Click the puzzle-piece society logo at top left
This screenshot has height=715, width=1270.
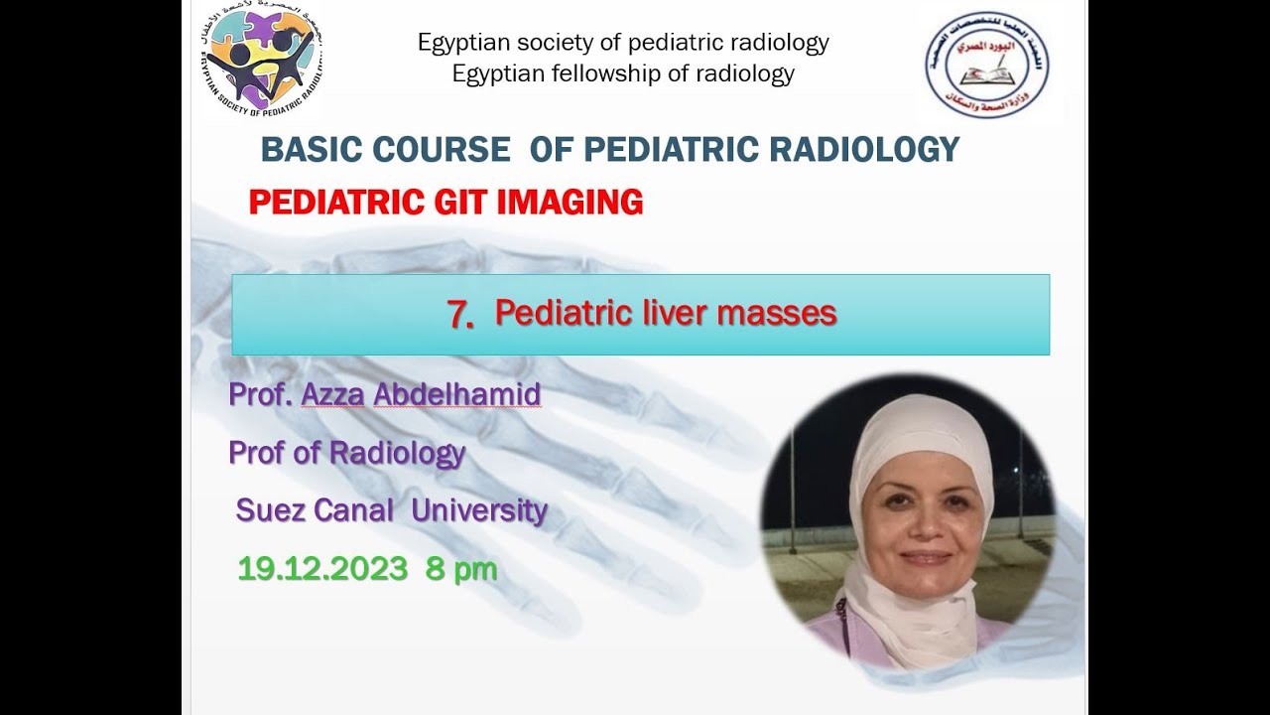(x=260, y=62)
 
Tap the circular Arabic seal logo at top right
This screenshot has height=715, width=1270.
(x=987, y=66)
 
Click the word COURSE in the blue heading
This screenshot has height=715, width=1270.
(x=441, y=150)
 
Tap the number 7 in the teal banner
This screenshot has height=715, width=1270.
(x=459, y=314)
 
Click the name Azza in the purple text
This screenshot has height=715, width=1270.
(x=332, y=394)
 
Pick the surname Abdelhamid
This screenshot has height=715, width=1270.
(x=456, y=394)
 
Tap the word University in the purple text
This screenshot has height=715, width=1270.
(x=479, y=510)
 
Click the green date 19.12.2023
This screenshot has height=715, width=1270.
(x=322, y=569)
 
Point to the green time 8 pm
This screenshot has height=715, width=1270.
(x=461, y=569)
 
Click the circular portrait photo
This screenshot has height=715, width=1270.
(x=908, y=521)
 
